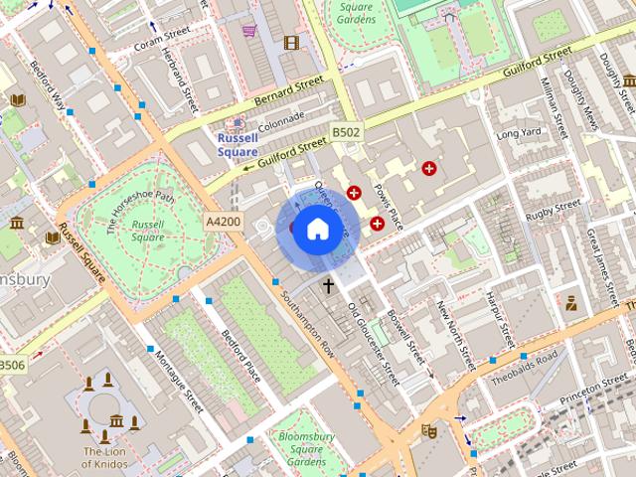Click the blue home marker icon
click(316, 230)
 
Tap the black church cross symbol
click(328, 286)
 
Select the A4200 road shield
click(223, 221)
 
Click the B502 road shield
click(347, 131)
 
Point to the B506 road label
click(12, 365)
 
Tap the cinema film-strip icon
click(291, 42)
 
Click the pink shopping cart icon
click(248, 30)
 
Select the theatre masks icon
click(429, 430)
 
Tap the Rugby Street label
click(553, 211)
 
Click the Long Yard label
click(519, 133)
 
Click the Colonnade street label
click(280, 120)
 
